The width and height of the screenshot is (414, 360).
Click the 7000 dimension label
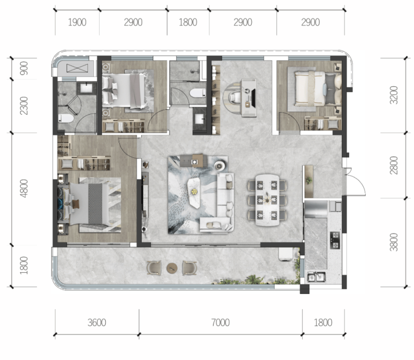click(220, 322)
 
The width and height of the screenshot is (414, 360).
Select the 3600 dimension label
click(97, 322)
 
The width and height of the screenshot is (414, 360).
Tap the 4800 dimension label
click(23, 189)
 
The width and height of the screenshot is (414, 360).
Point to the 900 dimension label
click(23, 68)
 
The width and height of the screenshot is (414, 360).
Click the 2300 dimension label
click(23, 106)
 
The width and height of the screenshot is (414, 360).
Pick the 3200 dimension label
click(394, 95)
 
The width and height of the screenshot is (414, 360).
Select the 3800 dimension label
click(394, 242)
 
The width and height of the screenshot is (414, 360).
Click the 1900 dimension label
click(77, 22)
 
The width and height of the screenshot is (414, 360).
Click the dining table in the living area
click(267, 200)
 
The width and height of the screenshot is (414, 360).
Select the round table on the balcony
click(172, 268)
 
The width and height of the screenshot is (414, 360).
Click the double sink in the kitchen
click(316, 277)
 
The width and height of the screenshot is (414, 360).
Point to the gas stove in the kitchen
click(335, 240)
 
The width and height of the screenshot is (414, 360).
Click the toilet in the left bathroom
click(66, 119)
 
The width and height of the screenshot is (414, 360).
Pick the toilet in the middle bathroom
click(197, 93)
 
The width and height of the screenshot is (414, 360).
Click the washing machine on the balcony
click(286, 254)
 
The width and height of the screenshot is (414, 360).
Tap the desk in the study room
click(249, 98)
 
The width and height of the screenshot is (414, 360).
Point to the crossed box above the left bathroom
click(77, 68)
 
